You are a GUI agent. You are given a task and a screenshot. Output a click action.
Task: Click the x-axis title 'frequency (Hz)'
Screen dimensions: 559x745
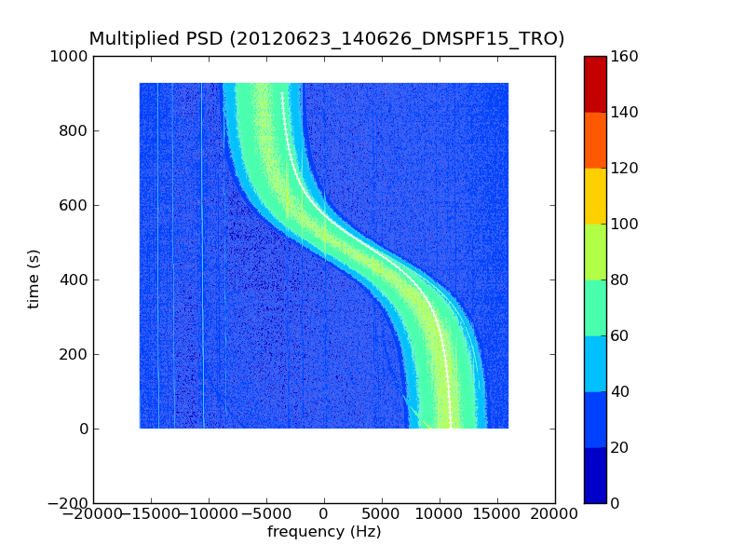pos(324,532)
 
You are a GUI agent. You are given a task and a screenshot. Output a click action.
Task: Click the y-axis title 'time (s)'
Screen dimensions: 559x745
pos(34,279)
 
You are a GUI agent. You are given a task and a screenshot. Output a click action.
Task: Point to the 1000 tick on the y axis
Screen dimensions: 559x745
pos(71,56)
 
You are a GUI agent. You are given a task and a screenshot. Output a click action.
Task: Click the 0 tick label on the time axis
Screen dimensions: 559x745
pos(83,429)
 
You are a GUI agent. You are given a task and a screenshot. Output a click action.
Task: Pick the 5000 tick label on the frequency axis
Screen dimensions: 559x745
pos(382,514)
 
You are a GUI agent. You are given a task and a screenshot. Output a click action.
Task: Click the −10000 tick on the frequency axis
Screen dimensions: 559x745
pos(209,514)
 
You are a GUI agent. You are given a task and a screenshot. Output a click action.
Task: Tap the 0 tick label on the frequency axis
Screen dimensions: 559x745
pos(324,514)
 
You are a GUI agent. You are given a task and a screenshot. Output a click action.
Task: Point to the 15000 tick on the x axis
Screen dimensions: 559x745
pos(497,514)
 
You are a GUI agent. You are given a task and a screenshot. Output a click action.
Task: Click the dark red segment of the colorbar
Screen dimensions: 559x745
pos(595,84)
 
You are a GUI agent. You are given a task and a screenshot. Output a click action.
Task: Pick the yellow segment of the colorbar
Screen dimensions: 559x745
pos(595,196)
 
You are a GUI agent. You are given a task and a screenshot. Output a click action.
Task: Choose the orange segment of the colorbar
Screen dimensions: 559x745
pos(595,140)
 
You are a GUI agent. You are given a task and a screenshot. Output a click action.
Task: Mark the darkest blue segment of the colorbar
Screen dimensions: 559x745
pos(595,475)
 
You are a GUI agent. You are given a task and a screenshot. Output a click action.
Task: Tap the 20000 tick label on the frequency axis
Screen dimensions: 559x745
pos(555,514)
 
